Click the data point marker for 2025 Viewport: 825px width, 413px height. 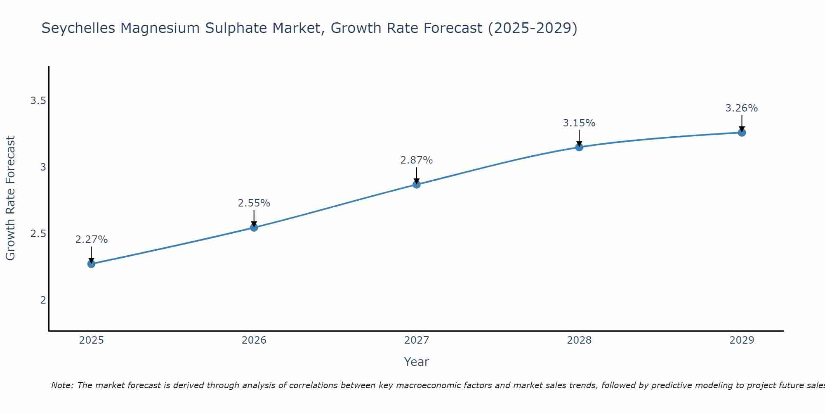pyautogui.click(x=91, y=264)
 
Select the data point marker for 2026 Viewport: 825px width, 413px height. pyautogui.click(x=254, y=228)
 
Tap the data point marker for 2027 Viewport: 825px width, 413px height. pyautogui.click(x=417, y=185)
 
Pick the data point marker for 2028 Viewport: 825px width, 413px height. pyautogui.click(x=579, y=147)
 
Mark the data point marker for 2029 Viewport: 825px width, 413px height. pyautogui.click(x=742, y=133)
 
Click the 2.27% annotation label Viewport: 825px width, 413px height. pyautogui.click(x=91, y=240)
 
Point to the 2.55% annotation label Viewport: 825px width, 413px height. pyautogui.click(x=254, y=203)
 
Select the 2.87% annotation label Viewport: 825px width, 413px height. pyautogui.click(x=417, y=160)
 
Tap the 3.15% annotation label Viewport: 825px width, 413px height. pyautogui.click(x=579, y=123)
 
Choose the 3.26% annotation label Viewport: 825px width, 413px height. pyautogui.click(x=742, y=108)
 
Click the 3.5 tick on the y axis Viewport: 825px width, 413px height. pyautogui.click(x=38, y=101)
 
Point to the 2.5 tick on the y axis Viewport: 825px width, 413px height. pyautogui.click(x=38, y=234)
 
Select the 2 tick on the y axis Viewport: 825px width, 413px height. pyautogui.click(x=43, y=300)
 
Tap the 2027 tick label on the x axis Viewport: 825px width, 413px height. pyautogui.click(x=417, y=340)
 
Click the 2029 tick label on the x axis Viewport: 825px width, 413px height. pyautogui.click(x=742, y=340)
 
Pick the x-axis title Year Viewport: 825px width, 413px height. pyautogui.click(x=417, y=362)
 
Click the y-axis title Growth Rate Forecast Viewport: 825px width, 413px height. pyautogui.click(x=11, y=198)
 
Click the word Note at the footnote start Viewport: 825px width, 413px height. pyautogui.click(x=62, y=385)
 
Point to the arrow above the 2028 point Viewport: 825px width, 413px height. pyautogui.click(x=579, y=138)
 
